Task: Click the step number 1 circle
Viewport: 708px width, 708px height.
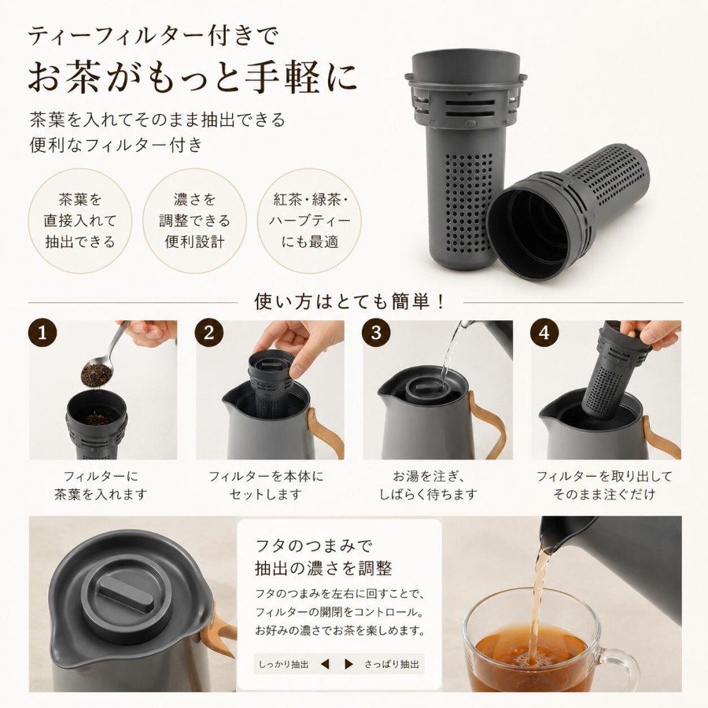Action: pos(43,334)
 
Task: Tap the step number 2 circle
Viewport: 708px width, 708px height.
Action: pos(209,334)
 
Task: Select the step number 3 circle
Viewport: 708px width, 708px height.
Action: pos(377,334)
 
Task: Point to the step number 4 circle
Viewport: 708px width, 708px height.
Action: pos(544,334)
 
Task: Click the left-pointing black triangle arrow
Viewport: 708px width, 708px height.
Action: pos(325,664)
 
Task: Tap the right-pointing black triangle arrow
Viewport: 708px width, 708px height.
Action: pos(348,664)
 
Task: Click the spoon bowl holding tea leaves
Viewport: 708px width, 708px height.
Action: pos(97,374)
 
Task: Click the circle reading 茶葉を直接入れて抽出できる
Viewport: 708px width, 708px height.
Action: pos(80,221)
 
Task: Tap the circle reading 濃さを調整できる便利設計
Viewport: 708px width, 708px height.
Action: pos(194,221)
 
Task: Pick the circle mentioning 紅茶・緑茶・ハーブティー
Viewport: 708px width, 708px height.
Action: pos(310,221)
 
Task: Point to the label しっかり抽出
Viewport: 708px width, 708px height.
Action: pos(283,664)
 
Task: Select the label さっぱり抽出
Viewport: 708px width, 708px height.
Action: pos(392,664)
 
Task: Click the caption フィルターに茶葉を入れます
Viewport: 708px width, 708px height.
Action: pos(101,485)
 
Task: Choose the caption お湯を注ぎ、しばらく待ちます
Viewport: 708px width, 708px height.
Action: pos(428,485)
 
